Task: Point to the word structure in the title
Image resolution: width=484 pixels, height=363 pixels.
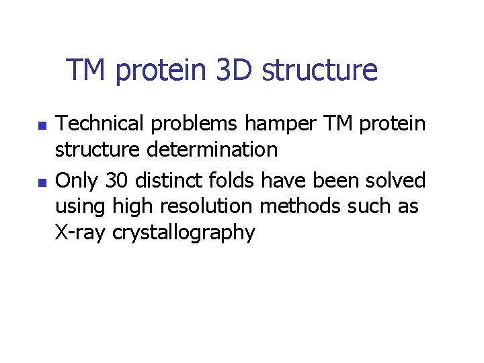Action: pos(319,70)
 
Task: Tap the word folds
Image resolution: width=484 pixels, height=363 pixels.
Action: pos(233,181)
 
